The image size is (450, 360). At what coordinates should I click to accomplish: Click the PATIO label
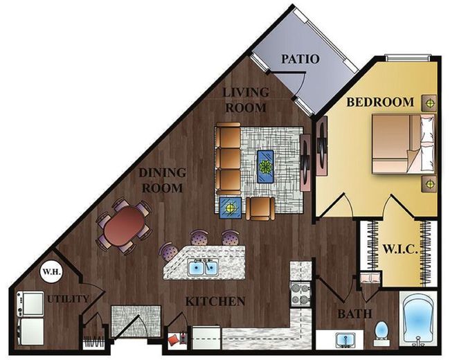[300, 59]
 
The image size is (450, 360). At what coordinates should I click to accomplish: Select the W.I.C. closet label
[400, 249]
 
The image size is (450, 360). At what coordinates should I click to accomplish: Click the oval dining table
[125, 226]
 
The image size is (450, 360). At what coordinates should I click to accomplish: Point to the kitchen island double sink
[203, 267]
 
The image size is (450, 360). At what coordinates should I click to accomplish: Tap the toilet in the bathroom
[381, 334]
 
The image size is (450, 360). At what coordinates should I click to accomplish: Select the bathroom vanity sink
[345, 339]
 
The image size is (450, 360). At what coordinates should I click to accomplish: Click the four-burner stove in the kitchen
[300, 294]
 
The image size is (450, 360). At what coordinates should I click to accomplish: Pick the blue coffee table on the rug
[265, 167]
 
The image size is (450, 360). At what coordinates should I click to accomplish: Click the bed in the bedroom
[404, 144]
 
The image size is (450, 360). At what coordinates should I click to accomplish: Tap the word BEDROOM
[380, 102]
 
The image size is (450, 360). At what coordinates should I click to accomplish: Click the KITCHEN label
[215, 301]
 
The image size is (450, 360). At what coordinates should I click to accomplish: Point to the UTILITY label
[69, 299]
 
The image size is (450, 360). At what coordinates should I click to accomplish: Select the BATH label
[354, 314]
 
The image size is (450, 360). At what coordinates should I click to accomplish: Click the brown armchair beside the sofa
[260, 208]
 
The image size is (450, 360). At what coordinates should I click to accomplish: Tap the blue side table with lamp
[231, 208]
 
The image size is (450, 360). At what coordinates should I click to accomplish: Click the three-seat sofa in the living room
[228, 159]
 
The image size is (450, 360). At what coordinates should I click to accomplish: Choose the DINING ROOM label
[163, 181]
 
